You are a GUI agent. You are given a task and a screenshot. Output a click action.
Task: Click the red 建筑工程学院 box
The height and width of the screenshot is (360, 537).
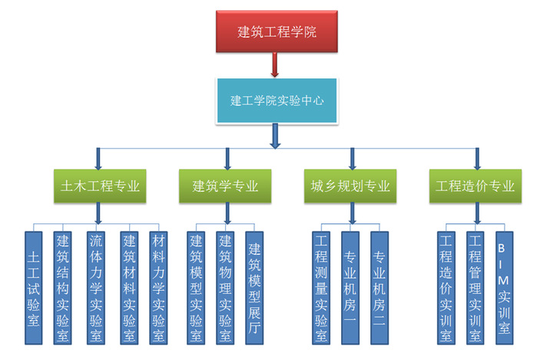point(277,33)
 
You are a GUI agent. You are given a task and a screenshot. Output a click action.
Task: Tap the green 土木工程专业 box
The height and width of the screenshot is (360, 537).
point(100,186)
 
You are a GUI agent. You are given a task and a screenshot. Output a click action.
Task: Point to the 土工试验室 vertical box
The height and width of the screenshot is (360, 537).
point(34,287)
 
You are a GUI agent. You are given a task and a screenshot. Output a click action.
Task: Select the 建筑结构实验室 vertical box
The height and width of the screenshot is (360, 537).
point(62,287)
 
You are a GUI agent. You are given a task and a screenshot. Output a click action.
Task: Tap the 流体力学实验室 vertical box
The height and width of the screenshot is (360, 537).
point(94,287)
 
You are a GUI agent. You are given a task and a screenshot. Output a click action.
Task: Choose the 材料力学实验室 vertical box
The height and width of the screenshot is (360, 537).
point(159,287)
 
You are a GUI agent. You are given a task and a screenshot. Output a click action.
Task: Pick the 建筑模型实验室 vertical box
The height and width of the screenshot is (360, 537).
point(196,287)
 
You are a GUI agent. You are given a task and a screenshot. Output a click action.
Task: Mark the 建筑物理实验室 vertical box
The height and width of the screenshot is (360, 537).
point(225,287)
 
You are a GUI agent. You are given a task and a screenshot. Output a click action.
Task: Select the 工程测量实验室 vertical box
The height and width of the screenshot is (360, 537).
point(321,287)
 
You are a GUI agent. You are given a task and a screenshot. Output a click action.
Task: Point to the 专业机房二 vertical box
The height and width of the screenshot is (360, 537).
point(379,287)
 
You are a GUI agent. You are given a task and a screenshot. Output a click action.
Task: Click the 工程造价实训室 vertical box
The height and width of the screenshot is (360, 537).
point(446,287)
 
